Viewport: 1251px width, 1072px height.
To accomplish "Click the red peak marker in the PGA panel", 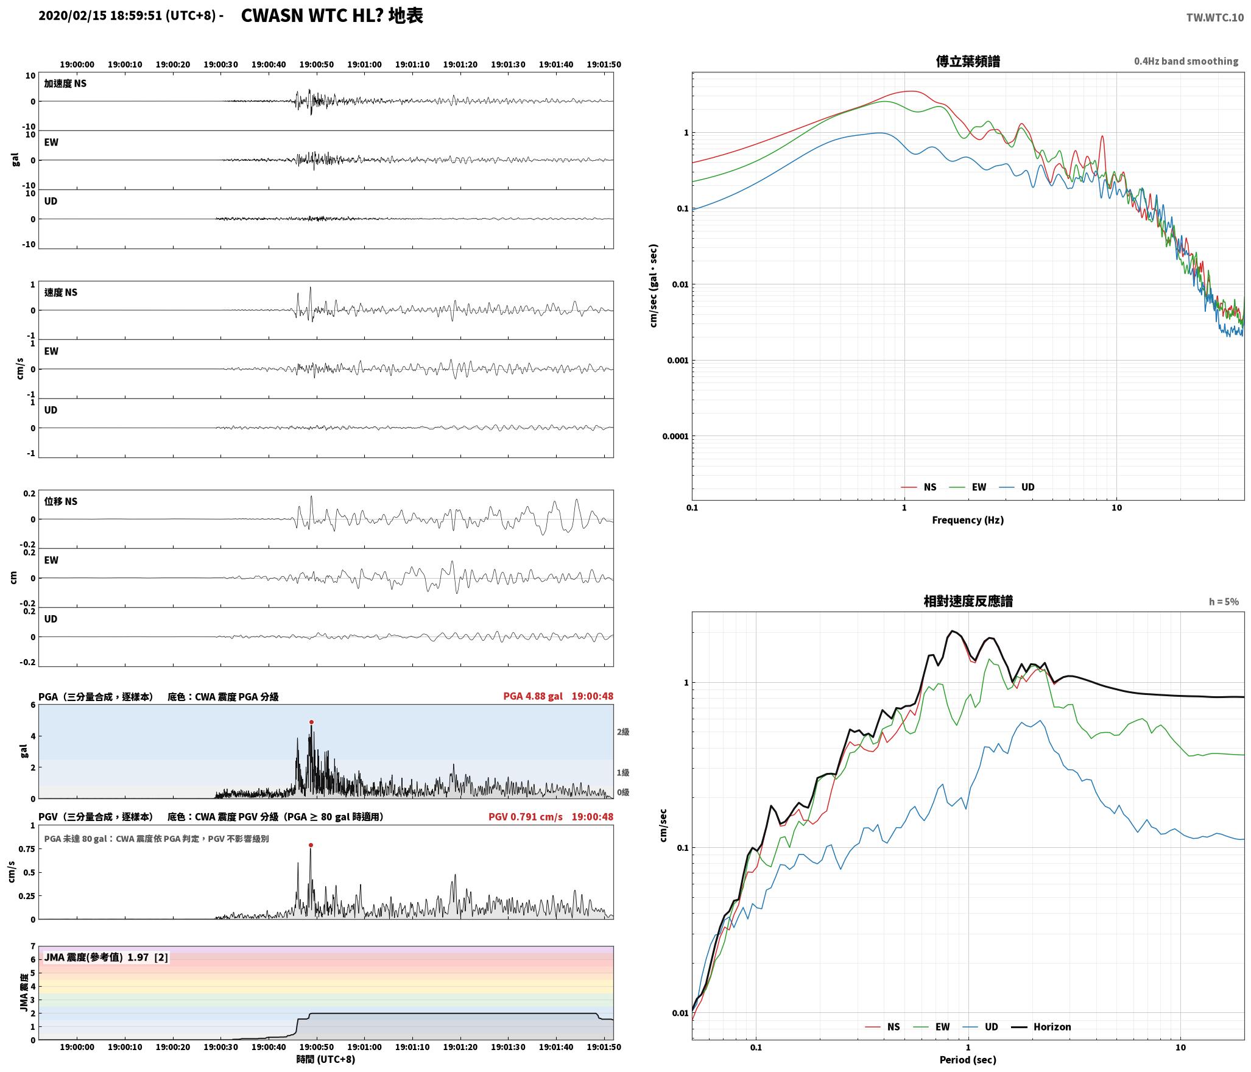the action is [311, 722].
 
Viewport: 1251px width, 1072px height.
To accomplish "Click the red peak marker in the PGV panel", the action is [311, 845].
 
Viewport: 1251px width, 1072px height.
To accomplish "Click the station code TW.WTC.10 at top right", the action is [1215, 18].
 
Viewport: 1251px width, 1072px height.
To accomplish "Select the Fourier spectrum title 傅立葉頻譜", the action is [968, 62].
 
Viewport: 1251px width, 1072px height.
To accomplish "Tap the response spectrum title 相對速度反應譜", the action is [968, 601].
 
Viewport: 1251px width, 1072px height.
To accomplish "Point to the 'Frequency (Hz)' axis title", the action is [968, 520].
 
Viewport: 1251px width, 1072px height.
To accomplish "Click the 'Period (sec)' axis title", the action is [968, 1060].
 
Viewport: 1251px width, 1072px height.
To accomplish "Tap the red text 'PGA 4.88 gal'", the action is [533, 696].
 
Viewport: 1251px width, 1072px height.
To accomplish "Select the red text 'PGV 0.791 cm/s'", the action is [526, 817].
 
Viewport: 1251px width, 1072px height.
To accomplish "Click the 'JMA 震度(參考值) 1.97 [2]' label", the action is [106, 957].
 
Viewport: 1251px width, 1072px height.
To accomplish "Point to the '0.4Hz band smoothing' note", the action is [1186, 62].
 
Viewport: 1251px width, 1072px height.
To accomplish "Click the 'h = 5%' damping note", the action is [1224, 602].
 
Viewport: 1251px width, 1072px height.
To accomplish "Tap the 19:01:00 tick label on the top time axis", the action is [364, 65].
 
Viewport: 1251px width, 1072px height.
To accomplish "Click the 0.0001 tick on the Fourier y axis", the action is [675, 436].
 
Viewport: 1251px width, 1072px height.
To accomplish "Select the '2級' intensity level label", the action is [623, 732].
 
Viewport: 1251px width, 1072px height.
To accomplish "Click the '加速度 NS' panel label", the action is [65, 84].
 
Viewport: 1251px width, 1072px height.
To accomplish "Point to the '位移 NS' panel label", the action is [61, 502].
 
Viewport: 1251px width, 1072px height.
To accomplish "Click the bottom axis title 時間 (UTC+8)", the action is [326, 1059].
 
